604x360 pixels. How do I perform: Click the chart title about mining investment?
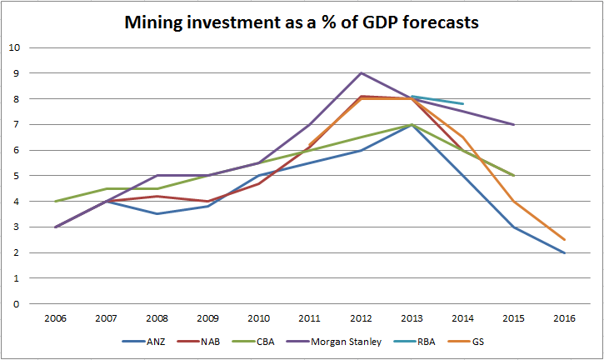point(302,22)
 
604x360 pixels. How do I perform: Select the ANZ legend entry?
point(150,341)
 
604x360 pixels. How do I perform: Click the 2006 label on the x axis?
point(56,317)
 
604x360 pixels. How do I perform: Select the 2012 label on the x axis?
point(361,317)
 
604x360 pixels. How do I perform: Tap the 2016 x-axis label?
point(564,317)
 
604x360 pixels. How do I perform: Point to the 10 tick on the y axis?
point(14,47)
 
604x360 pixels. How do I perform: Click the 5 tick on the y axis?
point(17,176)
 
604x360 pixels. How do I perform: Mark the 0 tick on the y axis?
point(17,304)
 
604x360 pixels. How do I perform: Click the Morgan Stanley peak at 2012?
point(361,73)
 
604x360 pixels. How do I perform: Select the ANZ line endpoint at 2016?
point(564,252)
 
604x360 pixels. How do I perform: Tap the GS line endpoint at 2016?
point(564,240)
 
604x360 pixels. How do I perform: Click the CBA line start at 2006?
point(56,201)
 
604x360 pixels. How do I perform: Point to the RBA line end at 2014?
point(462,104)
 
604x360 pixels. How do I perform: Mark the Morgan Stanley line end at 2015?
point(513,124)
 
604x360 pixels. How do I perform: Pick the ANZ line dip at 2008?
point(157,214)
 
